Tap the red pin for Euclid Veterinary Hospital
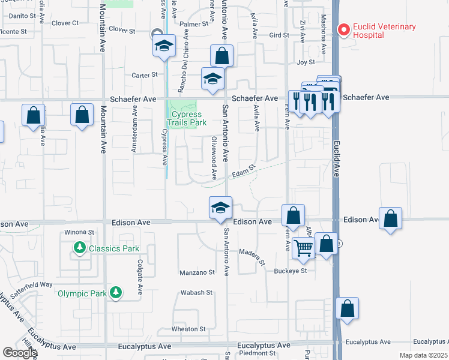tap(343, 28)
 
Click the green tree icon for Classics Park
tap(79, 248)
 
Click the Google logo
tap(19, 353)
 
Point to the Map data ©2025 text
tap(424, 355)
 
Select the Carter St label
tap(144, 75)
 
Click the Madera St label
tap(252, 256)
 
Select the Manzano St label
tap(197, 273)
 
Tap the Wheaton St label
tap(188, 329)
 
